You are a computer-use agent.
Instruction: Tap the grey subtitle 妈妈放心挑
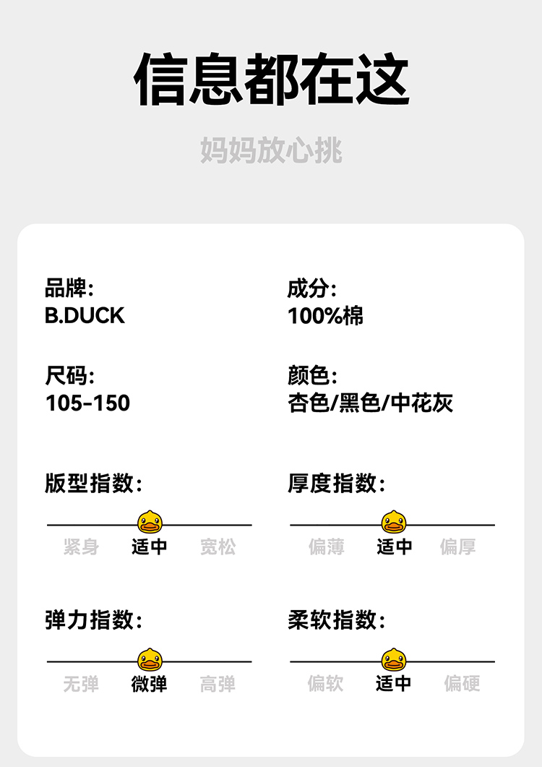pyautogui.click(x=271, y=150)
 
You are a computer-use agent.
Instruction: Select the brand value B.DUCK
pyautogui.click(x=85, y=316)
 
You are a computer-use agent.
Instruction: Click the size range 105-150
pyautogui.click(x=87, y=403)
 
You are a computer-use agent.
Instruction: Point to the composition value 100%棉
pyautogui.click(x=325, y=316)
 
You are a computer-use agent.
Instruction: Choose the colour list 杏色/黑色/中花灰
pyautogui.click(x=371, y=403)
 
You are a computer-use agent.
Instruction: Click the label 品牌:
pyautogui.click(x=69, y=289)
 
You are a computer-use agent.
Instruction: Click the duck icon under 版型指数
pyautogui.click(x=150, y=521)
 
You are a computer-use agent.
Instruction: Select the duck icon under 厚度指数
pyautogui.click(x=394, y=521)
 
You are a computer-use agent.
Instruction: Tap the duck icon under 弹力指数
pyautogui.click(x=150, y=659)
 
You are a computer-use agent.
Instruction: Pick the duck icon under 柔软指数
pyautogui.click(x=394, y=659)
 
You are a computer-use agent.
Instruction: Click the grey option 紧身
pyautogui.click(x=81, y=547)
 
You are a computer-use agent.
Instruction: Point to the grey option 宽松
pyautogui.click(x=218, y=547)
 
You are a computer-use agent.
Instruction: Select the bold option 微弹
pyautogui.click(x=150, y=683)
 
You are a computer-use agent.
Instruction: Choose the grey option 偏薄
pyautogui.click(x=326, y=547)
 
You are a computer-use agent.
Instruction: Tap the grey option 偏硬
pyautogui.click(x=462, y=683)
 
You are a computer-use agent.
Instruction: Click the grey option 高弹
pyautogui.click(x=218, y=683)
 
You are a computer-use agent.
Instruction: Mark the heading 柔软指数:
pyautogui.click(x=336, y=620)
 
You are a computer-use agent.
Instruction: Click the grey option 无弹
pyautogui.click(x=81, y=683)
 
